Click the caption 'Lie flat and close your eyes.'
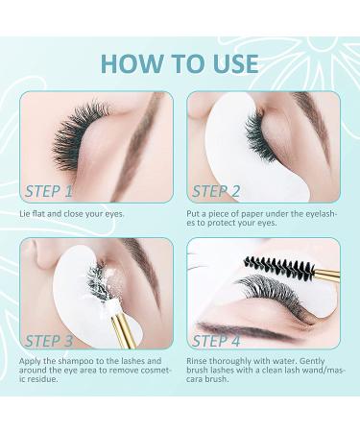click(73, 213)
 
